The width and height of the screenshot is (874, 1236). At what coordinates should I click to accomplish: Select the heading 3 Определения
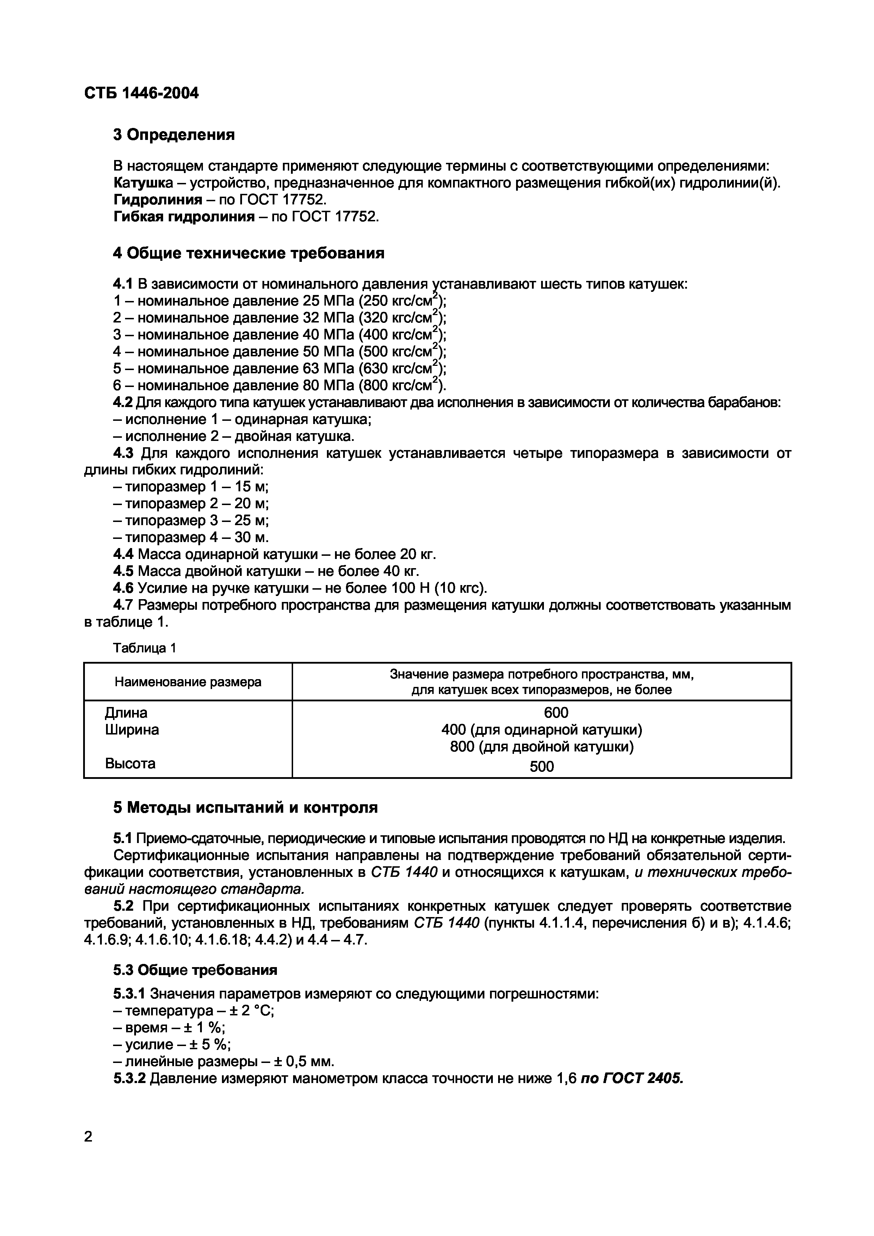(174, 135)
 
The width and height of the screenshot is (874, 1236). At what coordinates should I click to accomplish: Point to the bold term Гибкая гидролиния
(184, 217)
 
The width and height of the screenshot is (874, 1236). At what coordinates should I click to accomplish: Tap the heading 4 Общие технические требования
(249, 253)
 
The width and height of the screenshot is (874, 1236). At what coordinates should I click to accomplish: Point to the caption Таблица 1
(144, 648)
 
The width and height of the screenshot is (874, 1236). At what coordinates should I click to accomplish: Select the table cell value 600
(556, 713)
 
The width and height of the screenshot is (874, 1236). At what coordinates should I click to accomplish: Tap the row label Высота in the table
(130, 763)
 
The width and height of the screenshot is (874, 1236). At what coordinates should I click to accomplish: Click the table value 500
(541, 767)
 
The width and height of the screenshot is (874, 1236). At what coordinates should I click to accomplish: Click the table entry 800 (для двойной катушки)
(541, 747)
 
